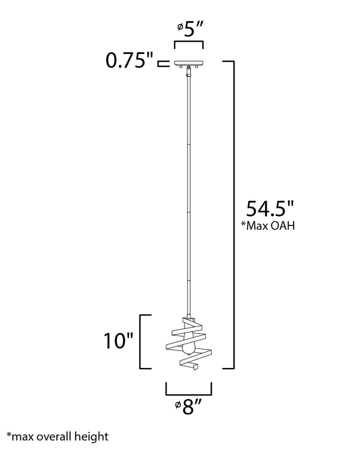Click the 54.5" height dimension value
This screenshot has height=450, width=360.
270,208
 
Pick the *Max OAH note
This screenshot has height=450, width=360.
268,225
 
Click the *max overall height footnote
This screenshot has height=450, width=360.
57,436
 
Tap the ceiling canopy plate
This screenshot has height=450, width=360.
189,63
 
